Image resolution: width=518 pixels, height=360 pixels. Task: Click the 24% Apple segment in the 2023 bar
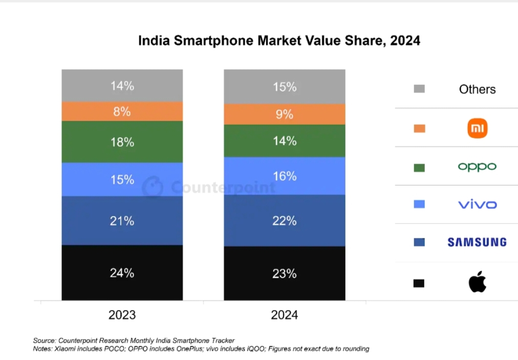tap(122, 273)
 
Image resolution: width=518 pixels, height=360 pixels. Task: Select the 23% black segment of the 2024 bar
tap(284, 274)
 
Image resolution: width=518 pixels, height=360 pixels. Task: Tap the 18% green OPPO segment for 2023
tap(122, 142)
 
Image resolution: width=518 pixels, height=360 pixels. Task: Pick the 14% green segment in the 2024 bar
tap(284, 141)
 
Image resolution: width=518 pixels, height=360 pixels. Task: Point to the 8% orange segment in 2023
tap(122, 111)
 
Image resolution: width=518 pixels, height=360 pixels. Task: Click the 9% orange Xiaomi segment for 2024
tap(284, 115)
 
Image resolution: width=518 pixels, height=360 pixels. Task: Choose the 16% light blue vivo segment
tap(284, 176)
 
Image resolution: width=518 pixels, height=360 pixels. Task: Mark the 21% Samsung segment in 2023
tap(122, 220)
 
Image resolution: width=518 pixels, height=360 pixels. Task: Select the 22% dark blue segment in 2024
tap(284, 220)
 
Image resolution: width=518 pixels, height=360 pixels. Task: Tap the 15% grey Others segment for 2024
tap(284, 87)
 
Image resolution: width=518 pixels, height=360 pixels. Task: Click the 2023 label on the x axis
tap(122, 314)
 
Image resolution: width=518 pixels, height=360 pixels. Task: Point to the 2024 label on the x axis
tap(284, 314)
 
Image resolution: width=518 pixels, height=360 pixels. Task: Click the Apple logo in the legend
tap(477, 282)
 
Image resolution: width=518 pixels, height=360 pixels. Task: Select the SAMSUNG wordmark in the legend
tap(477, 242)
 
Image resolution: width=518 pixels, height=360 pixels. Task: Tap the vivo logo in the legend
tap(477, 205)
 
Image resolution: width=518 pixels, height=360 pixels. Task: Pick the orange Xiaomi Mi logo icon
tap(478, 128)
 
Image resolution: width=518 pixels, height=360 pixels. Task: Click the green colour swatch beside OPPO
tap(419, 167)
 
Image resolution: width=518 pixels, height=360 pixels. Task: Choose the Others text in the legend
tap(477, 89)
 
